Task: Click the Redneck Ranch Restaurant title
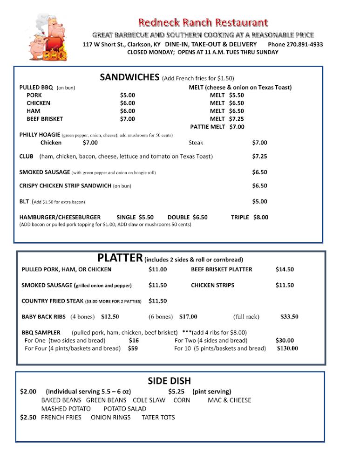(x=203, y=22)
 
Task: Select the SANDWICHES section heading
(x=130, y=77)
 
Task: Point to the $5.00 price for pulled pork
(x=128, y=95)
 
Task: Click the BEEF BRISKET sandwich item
(x=45, y=119)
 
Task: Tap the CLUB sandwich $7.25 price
(x=259, y=157)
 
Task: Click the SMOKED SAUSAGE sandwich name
(x=45, y=172)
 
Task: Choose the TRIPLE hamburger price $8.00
(x=261, y=217)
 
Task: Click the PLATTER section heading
(x=120, y=258)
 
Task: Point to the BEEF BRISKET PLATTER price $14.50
(x=285, y=269)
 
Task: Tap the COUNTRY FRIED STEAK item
(x=53, y=301)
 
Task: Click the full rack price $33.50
(x=289, y=317)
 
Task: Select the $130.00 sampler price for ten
(x=287, y=348)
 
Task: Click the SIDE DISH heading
(x=170, y=381)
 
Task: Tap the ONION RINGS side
(x=111, y=417)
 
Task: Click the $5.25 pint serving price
(x=177, y=392)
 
